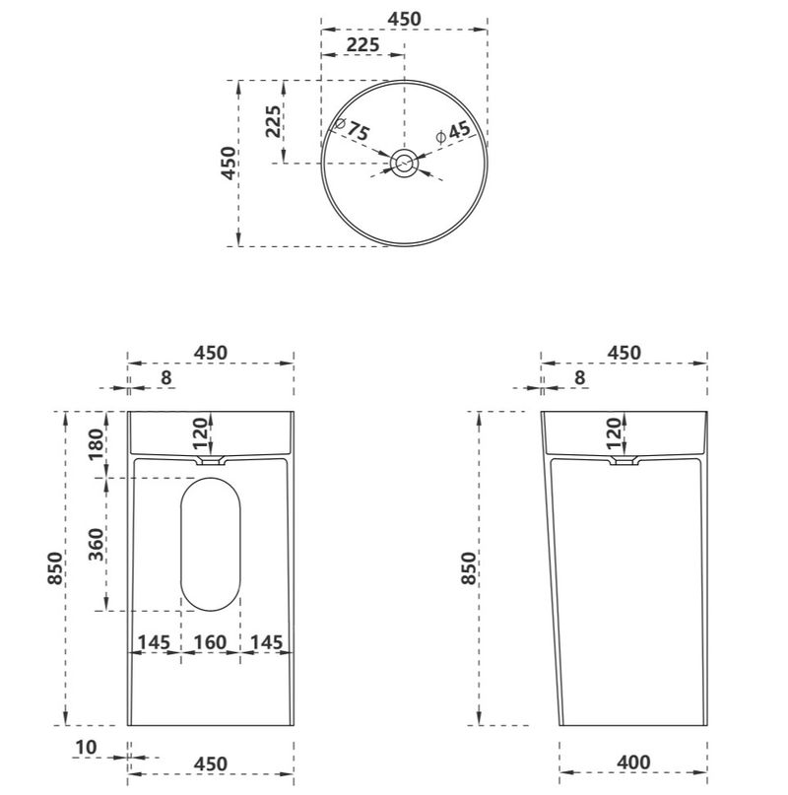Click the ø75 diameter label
352,129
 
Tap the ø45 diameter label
453,132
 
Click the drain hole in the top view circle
404,164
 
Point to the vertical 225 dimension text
273,122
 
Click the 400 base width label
634,762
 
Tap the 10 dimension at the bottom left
86,747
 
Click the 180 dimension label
96,444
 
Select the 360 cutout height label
96,545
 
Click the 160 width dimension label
211,642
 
